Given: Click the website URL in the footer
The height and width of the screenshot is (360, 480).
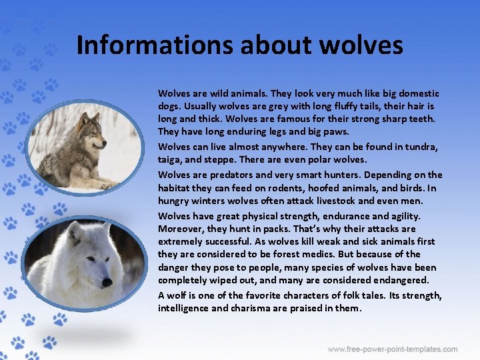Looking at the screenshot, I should coord(393,349).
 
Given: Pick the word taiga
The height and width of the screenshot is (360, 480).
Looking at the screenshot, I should coord(169,161).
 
